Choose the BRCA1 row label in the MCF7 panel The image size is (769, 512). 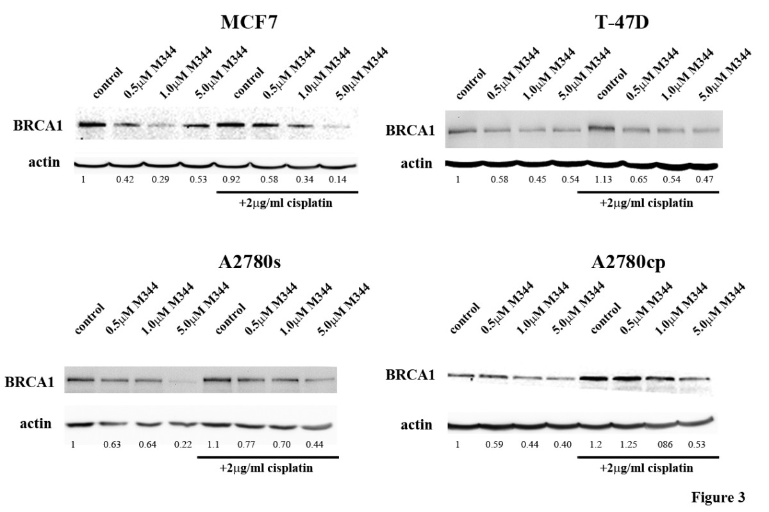click(38, 126)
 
